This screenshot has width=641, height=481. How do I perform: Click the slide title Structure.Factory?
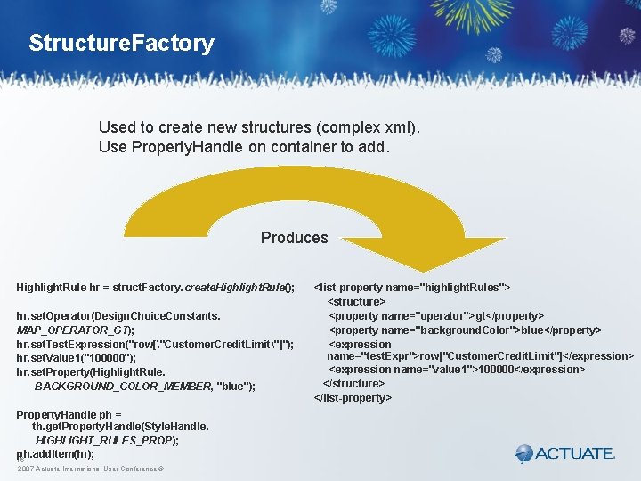(121, 44)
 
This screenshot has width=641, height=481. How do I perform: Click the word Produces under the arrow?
(294, 238)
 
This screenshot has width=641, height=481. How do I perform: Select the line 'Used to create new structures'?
(259, 127)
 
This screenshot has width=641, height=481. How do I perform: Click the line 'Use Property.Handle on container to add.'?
(244, 147)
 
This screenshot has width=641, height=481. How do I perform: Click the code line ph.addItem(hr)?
(56, 453)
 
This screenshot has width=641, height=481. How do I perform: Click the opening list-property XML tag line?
(412, 288)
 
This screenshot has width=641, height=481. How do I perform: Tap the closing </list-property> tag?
(353, 397)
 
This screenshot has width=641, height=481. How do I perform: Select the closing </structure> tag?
(353, 383)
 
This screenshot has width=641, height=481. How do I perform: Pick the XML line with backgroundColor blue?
(465, 330)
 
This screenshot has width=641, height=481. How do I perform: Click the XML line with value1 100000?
(457, 369)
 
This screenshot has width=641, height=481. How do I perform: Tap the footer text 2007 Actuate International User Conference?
(88, 469)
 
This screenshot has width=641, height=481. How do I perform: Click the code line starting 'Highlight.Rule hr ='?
(155, 288)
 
